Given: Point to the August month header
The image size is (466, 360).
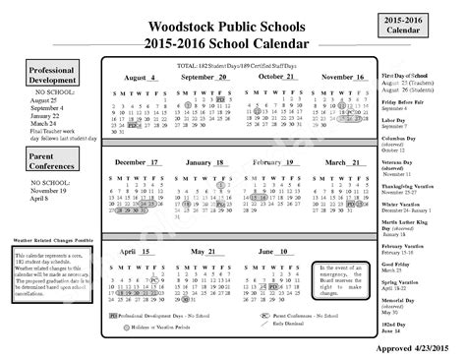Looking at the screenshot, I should [x=139, y=77].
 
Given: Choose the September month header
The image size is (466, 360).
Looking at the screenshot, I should [x=204, y=77].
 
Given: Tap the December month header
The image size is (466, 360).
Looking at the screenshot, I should [x=137, y=161].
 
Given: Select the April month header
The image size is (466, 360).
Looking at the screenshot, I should [x=137, y=252].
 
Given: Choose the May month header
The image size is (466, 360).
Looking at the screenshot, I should [x=204, y=252].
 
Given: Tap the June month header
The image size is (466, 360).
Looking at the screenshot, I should [x=272, y=252].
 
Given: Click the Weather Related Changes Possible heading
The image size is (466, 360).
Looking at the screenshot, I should [x=54, y=239].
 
